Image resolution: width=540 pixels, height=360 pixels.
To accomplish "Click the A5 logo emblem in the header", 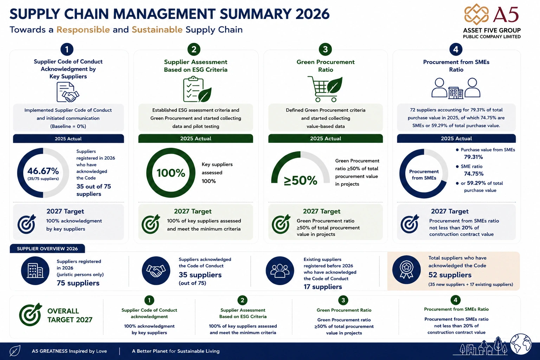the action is click(477, 14).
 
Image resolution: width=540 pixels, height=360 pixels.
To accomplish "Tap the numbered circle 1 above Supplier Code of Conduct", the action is click(67, 49).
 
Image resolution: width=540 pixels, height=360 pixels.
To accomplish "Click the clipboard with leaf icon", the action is click(197, 89).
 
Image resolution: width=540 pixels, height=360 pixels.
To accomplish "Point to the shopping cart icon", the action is click(325, 89).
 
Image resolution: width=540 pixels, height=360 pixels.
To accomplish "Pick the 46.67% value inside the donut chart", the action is click(43, 171).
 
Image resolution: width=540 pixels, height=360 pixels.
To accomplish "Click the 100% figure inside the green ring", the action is click(171, 173).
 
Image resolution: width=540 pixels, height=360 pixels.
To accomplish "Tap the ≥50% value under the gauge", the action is click(300, 181).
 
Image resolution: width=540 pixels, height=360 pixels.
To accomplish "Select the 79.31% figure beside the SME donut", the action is click(474, 157).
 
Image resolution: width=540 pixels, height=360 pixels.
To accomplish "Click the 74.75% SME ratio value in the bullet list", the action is click(474, 174).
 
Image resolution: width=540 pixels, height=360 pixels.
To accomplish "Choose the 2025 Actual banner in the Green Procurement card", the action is click(326, 139).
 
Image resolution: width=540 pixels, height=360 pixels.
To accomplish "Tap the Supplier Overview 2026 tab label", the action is click(47, 249).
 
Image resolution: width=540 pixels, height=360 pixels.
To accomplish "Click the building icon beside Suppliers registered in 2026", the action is click(35, 271).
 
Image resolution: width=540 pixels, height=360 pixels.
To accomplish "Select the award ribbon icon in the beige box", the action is click(406, 270).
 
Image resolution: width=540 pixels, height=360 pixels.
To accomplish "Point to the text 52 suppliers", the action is click(450, 275).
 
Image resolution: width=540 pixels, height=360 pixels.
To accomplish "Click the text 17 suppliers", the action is click(323, 287).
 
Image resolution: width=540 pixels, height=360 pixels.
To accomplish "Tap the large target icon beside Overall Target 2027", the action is click(31, 314).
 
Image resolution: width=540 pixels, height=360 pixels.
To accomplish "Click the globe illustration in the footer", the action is click(521, 344).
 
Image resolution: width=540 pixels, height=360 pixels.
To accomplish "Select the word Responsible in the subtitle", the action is click(83, 30).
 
